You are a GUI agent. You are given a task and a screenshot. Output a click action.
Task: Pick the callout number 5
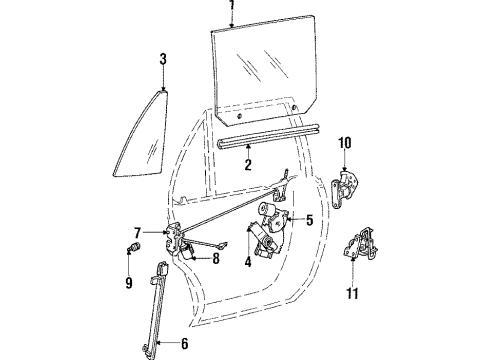pyautogui.click(x=310, y=221)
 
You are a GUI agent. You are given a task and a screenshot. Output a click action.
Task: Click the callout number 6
pyautogui.click(x=184, y=345)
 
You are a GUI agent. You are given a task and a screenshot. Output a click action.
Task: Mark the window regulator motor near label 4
pyautogui.click(x=264, y=241)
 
